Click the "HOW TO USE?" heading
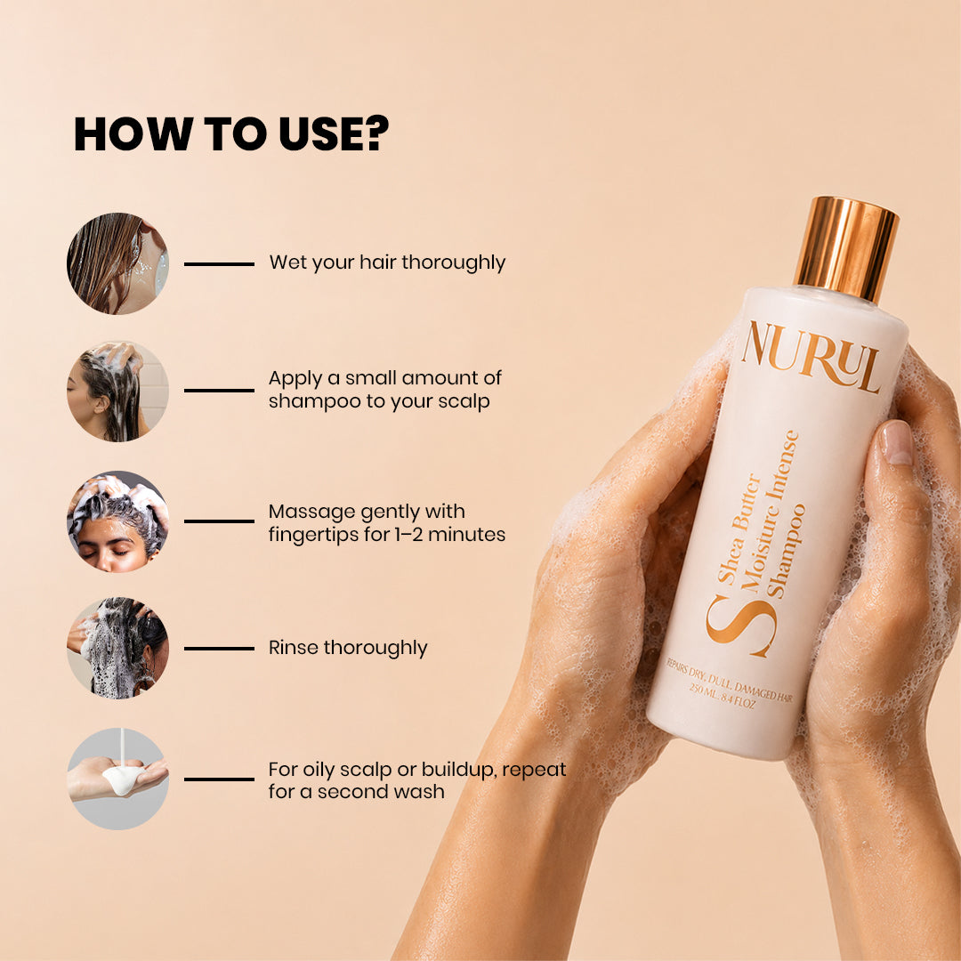point(231,133)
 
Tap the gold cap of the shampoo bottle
point(846,249)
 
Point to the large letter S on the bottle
point(741,626)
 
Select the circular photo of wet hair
point(117,263)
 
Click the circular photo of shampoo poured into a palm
point(117,779)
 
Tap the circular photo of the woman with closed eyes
point(117,521)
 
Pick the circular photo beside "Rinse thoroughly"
point(117,648)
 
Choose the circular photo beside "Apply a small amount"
point(117,391)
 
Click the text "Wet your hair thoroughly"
point(387,262)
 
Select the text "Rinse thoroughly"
point(348,648)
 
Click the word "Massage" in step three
point(311,513)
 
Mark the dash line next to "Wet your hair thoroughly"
point(220,264)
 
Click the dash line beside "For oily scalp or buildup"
point(220,779)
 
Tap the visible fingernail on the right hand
point(897,442)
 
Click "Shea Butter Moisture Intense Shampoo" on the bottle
point(761,516)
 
